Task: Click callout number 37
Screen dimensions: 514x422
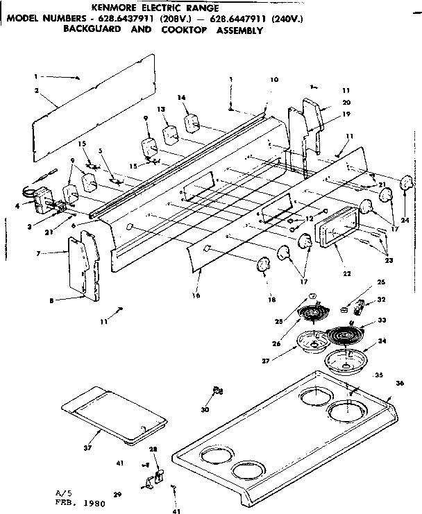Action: (87, 449)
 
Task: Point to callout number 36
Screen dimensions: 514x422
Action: (399, 384)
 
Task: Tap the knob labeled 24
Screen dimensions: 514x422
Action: (403, 185)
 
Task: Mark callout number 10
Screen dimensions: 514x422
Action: (274, 80)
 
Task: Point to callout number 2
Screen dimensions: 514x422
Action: (36, 91)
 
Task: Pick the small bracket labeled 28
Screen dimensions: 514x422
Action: (157, 476)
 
